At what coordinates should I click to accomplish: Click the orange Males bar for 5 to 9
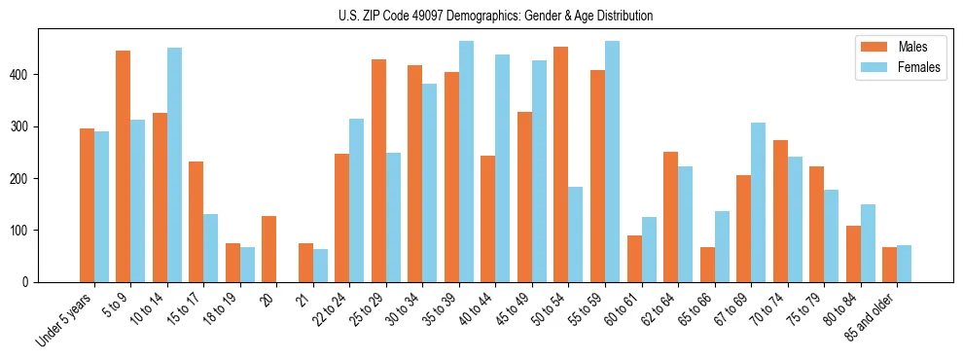(x=124, y=166)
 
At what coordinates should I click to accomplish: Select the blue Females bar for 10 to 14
(x=174, y=165)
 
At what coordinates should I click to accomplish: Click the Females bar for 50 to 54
(x=576, y=234)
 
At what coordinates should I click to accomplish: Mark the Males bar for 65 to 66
(x=707, y=265)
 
